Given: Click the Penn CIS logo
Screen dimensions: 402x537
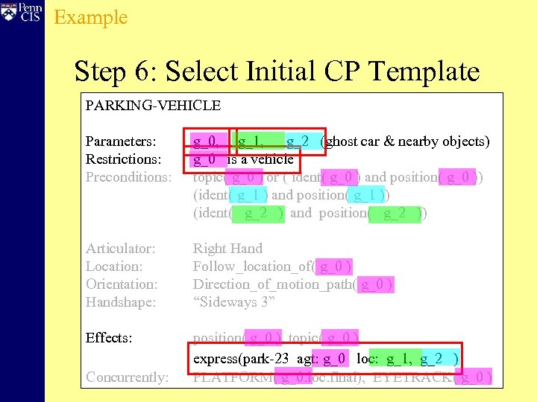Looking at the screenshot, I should (x=22, y=14).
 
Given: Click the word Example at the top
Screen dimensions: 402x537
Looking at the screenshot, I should (x=91, y=17).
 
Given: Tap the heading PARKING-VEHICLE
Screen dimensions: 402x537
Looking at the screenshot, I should (x=153, y=106).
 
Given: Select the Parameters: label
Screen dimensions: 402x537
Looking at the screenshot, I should (x=121, y=141).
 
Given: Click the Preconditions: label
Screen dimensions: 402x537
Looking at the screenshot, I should (x=128, y=177).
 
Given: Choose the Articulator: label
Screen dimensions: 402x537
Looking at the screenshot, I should (x=121, y=249).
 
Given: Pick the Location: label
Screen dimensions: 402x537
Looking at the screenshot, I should (x=114, y=267).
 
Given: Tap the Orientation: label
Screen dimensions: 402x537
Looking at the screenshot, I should (x=122, y=284).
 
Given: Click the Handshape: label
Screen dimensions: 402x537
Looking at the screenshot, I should (x=121, y=302).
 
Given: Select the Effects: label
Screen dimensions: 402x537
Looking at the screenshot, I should (x=109, y=338).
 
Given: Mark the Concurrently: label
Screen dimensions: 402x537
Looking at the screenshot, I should (x=127, y=377).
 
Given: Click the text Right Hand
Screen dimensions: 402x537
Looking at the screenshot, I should (x=227, y=249).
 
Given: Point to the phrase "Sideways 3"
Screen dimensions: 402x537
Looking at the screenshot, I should (x=234, y=302).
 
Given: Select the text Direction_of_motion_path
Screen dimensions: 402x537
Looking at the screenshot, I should (x=273, y=284).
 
